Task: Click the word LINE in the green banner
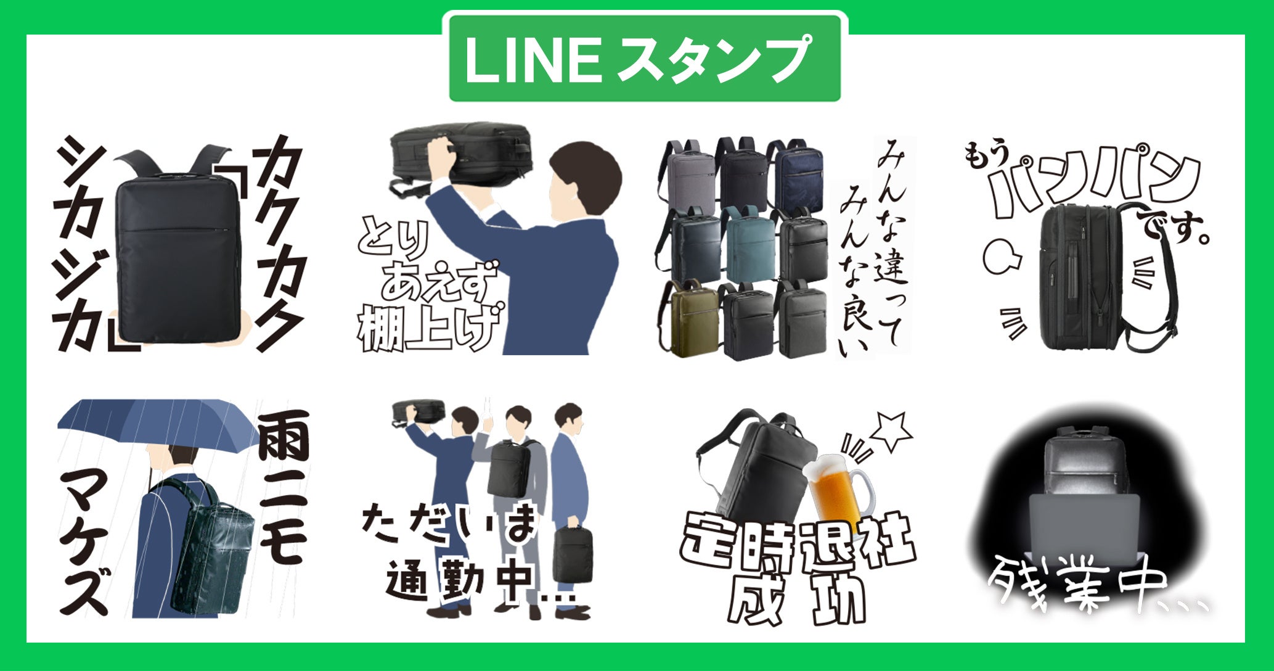(x=533, y=60)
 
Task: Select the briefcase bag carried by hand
(x=572, y=552)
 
